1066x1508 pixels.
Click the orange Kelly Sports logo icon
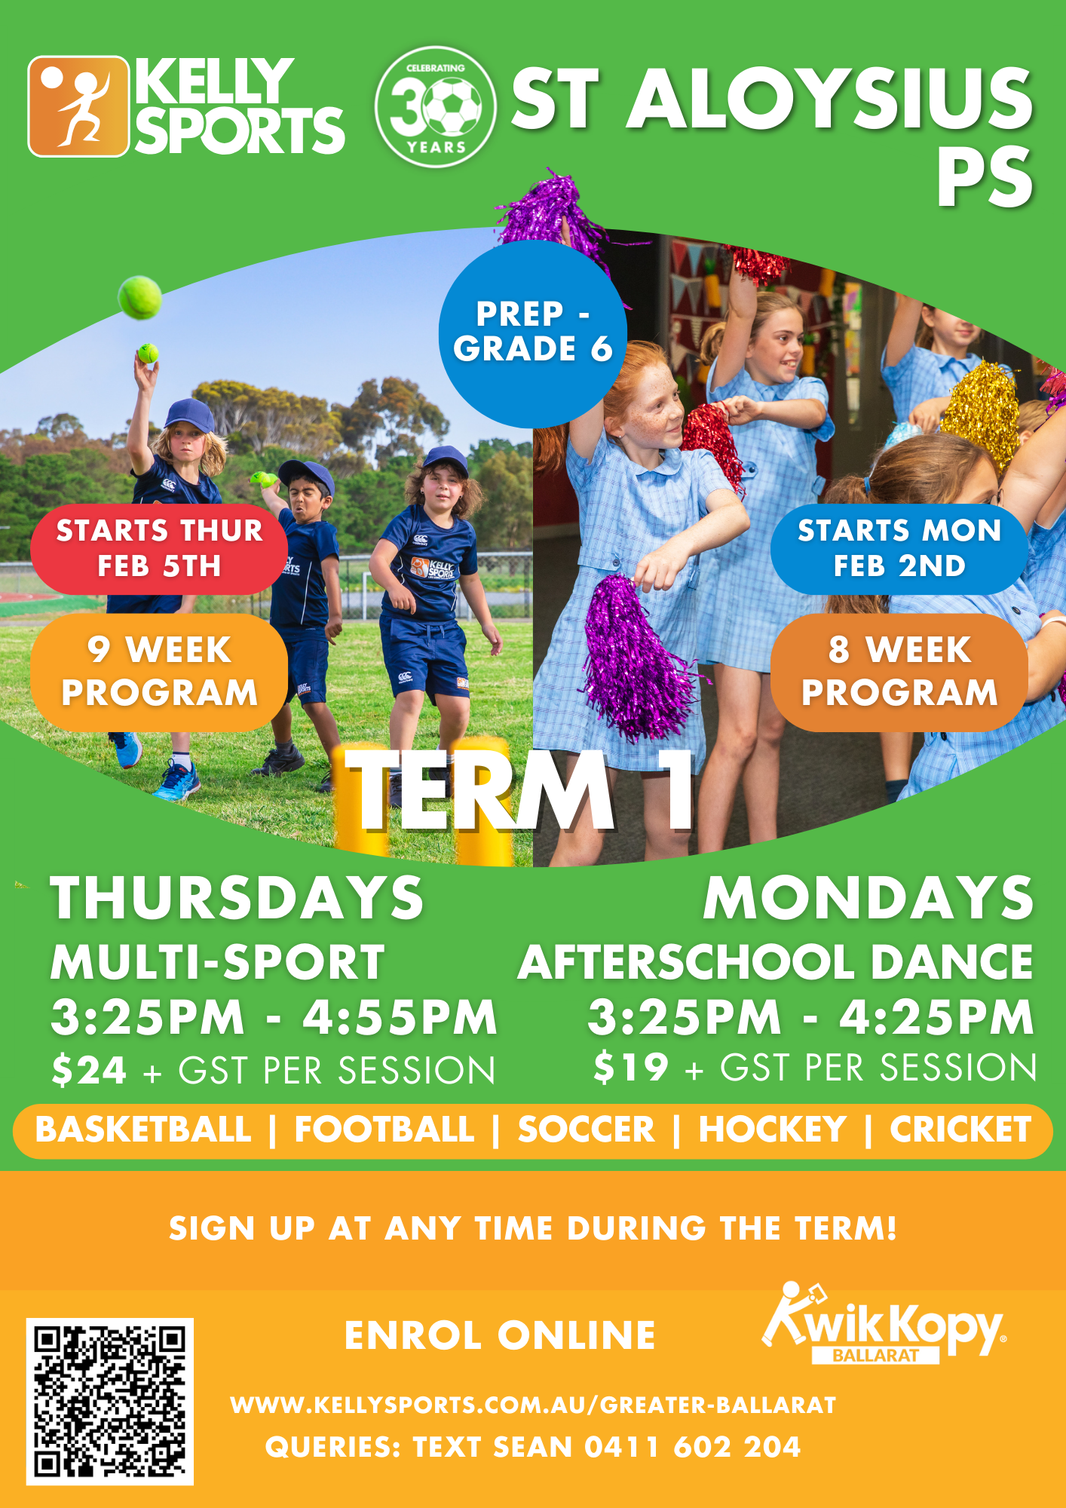click(x=78, y=106)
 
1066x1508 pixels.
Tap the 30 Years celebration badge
click(x=436, y=106)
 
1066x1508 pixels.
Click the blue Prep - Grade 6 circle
click(x=533, y=333)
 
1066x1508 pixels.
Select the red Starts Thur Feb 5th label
click(x=159, y=549)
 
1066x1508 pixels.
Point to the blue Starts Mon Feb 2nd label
click(x=899, y=549)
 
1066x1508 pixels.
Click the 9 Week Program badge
click(x=159, y=672)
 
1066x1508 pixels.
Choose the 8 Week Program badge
click(x=899, y=672)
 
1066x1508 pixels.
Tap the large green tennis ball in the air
click(x=140, y=297)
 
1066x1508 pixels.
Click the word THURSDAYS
click(x=237, y=898)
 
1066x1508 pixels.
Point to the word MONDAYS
click(x=868, y=898)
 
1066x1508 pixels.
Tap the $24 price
click(x=89, y=1070)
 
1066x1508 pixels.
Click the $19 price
click(x=630, y=1067)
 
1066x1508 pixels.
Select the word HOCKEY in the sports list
click(x=772, y=1129)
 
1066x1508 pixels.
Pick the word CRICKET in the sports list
click(x=960, y=1129)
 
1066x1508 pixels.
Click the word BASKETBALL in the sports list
click(x=143, y=1129)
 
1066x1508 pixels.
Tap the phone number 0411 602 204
click(x=692, y=1447)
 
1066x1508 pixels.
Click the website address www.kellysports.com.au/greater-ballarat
click(x=533, y=1405)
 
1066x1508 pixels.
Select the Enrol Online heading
click(x=500, y=1335)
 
